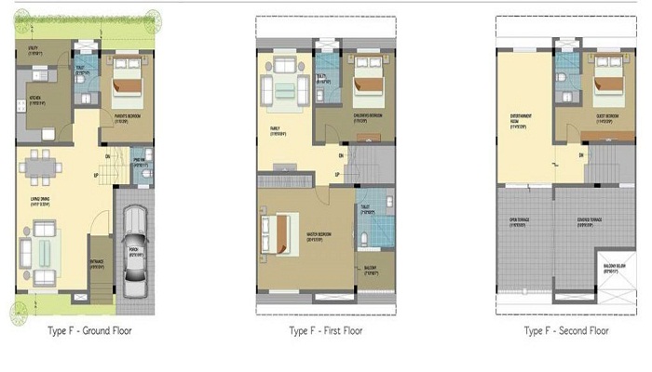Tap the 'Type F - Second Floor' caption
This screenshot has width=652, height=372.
point(567,331)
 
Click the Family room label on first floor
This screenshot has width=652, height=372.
point(278,131)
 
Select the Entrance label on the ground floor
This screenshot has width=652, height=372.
point(98,264)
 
